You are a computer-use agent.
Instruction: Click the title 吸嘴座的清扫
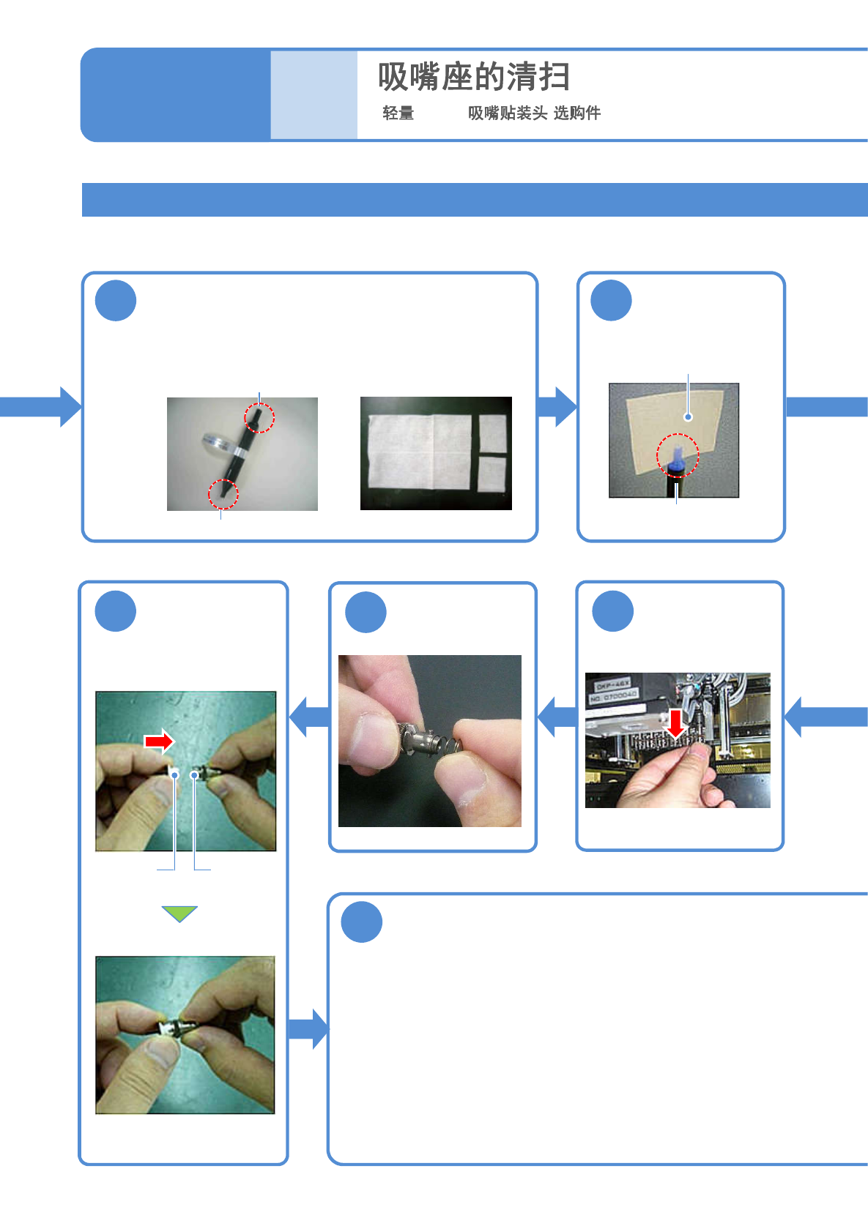[474, 77]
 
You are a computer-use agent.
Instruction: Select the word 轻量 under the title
[398, 113]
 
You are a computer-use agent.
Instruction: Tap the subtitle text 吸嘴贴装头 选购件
[534, 113]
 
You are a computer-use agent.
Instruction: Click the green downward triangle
[179, 913]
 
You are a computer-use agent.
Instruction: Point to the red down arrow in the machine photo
[676, 722]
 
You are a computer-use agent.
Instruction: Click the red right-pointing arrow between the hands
[159, 741]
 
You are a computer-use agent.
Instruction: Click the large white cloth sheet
[419, 451]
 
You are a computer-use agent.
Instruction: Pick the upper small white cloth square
[492, 433]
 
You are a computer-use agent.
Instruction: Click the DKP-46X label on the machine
[613, 685]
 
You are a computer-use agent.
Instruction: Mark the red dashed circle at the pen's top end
[259, 417]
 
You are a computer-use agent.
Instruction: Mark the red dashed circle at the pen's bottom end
[223, 494]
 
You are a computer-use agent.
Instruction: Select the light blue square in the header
[314, 94]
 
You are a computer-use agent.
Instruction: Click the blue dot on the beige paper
[688, 417]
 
